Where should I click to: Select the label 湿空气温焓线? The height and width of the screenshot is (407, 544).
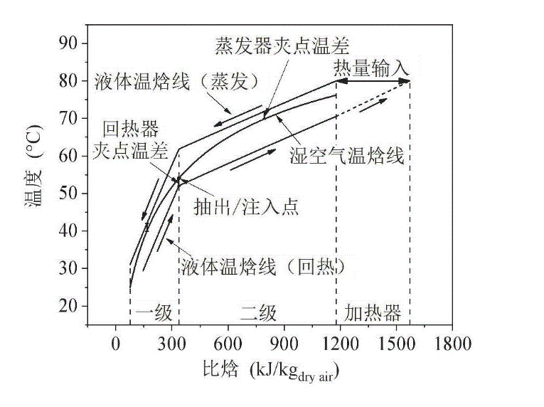(x=347, y=156)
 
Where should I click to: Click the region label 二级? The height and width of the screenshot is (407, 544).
(x=257, y=313)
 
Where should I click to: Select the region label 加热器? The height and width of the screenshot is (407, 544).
(x=373, y=313)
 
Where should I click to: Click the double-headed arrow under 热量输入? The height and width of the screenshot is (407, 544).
(x=373, y=82)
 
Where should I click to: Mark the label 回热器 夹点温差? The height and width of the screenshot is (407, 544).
(x=130, y=140)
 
